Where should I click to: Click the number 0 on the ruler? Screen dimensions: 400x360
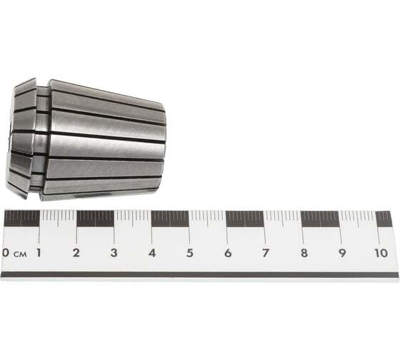[6, 253]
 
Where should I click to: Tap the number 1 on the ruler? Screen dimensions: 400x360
[39, 253]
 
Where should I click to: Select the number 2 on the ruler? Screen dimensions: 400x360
[76, 253]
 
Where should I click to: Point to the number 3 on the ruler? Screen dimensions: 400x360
[114, 253]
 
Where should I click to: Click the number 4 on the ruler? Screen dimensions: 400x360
[151, 253]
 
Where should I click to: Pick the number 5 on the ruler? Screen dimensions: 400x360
[189, 253]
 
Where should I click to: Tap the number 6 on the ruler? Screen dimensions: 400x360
[228, 253]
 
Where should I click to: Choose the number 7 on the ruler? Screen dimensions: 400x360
[266, 253]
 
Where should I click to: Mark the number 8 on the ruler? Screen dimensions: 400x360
[304, 253]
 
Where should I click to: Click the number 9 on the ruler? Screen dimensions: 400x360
[342, 253]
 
